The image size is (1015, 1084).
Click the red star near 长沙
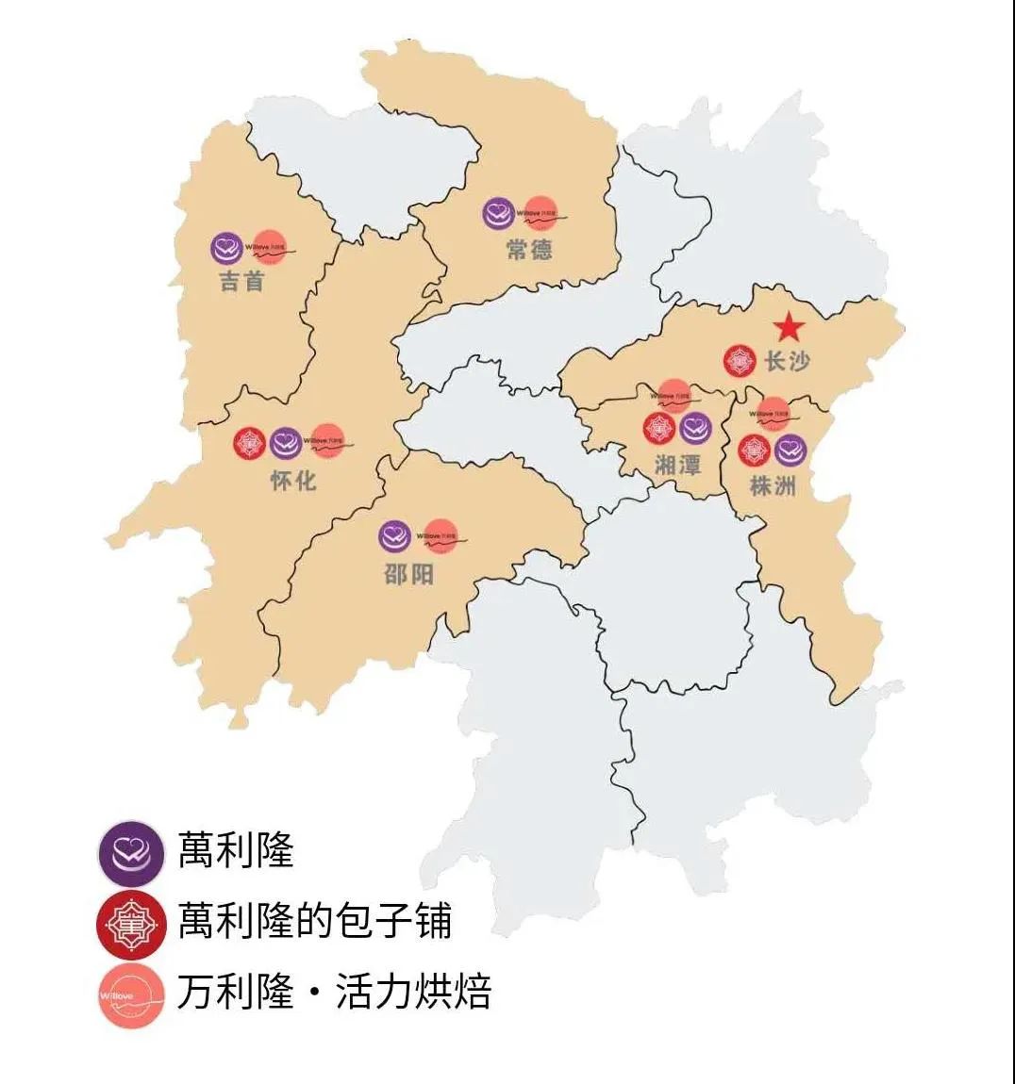789,327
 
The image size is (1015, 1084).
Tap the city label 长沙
787,360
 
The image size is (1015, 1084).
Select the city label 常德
528,250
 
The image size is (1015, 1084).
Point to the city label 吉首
242,281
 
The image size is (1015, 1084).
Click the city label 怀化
293,480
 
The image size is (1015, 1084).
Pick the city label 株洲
773,485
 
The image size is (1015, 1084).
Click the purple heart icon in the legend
131,852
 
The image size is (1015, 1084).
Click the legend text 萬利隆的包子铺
315,921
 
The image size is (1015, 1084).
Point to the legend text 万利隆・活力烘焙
334,993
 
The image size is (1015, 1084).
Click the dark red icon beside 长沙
740,360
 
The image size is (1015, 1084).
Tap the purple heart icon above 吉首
226,248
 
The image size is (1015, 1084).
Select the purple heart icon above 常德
498,214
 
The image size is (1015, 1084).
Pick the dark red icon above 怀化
251,443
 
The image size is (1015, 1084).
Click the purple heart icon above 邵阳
395,536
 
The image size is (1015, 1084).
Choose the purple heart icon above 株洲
790,450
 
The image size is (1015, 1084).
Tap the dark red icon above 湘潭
659,429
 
